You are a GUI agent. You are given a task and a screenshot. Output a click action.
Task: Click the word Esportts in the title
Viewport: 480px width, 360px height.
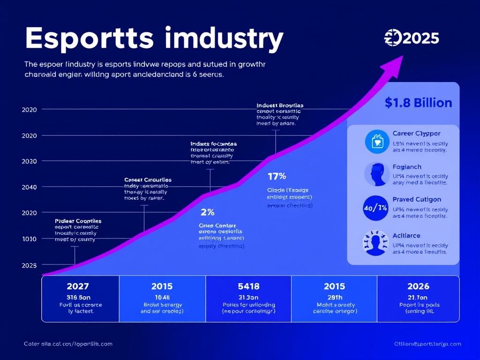[x=89, y=38]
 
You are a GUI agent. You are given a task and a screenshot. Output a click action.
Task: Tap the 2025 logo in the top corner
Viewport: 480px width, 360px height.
[x=412, y=37]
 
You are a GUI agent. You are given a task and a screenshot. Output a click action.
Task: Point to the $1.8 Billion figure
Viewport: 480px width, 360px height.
[x=418, y=103]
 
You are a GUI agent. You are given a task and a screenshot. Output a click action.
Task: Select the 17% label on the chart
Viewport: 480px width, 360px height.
[x=277, y=177]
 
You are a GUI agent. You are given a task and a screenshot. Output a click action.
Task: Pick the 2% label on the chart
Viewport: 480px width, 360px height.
[x=207, y=212]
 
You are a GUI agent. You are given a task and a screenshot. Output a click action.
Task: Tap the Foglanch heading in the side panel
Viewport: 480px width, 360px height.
[x=407, y=167]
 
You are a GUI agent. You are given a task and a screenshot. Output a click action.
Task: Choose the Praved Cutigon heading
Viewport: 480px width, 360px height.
[x=417, y=200]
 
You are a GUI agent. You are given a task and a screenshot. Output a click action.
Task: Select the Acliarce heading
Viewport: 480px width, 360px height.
[x=406, y=235]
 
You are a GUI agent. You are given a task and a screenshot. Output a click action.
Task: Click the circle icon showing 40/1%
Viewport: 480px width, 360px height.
[x=375, y=208]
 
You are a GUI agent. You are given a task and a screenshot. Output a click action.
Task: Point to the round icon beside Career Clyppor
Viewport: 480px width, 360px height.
[x=377, y=141]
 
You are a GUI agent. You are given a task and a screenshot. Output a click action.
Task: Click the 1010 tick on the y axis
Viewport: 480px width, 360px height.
[x=29, y=239]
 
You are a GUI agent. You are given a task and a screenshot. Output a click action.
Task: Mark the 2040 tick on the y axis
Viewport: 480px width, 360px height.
[x=29, y=187]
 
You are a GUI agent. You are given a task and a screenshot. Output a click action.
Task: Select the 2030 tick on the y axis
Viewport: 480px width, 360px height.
[x=29, y=161]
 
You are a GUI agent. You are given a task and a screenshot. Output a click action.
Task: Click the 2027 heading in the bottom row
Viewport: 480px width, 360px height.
[x=78, y=286]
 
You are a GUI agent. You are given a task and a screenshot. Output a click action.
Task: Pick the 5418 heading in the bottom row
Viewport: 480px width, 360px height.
[x=248, y=286]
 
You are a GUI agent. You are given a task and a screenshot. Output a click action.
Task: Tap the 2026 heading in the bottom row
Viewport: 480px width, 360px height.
[x=418, y=286]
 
